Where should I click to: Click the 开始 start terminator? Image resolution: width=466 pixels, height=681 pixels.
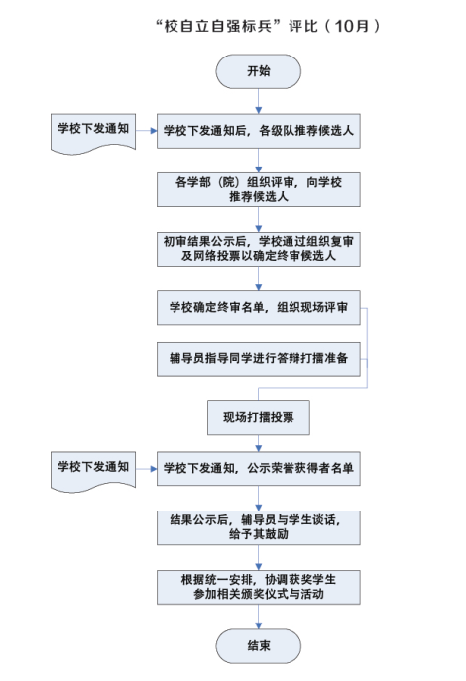[x=259, y=71]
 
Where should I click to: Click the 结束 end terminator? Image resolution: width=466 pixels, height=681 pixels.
[x=259, y=646]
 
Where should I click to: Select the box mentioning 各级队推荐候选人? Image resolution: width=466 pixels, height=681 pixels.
[x=259, y=131]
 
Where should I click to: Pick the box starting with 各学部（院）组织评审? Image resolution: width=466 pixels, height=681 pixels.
[x=259, y=189]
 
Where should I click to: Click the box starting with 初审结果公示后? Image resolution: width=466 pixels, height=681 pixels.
[x=259, y=249]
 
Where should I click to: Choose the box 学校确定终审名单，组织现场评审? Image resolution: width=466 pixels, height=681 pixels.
[x=259, y=308]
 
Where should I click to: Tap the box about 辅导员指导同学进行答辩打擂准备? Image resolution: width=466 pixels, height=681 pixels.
[x=259, y=359]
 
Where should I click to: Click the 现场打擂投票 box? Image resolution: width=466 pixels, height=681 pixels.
[x=259, y=417]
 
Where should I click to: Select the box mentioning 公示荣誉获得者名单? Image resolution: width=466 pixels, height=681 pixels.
[x=259, y=468]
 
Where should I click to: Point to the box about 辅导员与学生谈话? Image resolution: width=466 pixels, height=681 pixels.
[x=259, y=527]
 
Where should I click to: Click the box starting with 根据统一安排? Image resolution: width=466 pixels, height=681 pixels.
[x=259, y=587]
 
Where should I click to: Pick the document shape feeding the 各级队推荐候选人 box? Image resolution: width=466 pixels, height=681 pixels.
[x=93, y=133]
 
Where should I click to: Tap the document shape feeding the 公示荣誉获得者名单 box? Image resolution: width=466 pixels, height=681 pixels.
[x=93, y=471]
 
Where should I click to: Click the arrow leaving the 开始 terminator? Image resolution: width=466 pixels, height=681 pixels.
[x=259, y=101]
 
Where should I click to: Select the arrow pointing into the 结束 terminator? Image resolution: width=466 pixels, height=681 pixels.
[x=259, y=617]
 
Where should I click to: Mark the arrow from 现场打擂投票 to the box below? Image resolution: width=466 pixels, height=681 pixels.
[x=259, y=443]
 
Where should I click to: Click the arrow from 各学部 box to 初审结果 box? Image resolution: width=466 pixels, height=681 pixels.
[x=259, y=219]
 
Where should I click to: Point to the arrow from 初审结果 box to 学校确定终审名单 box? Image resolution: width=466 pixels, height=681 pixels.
[x=259, y=279]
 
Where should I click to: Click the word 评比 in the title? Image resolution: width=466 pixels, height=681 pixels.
[x=303, y=26]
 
